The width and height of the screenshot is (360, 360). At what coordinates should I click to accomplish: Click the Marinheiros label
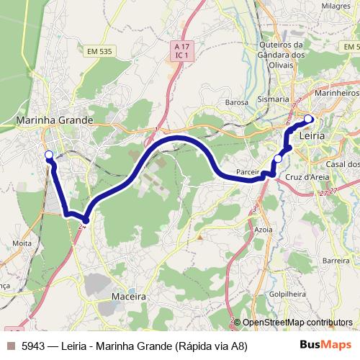pyautogui.click(x=337, y=93)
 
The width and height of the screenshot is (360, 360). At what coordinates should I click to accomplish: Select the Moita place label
pyautogui.click(x=22, y=243)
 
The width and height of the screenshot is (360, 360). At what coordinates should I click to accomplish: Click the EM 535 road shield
pyautogui.click(x=100, y=51)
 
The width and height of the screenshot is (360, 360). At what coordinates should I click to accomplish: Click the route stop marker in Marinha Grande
pyautogui.click(x=49, y=156)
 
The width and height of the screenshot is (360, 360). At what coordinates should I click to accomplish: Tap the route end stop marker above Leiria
pyautogui.click(x=308, y=119)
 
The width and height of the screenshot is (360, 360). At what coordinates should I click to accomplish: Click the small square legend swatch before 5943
pyautogui.click(x=11, y=346)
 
